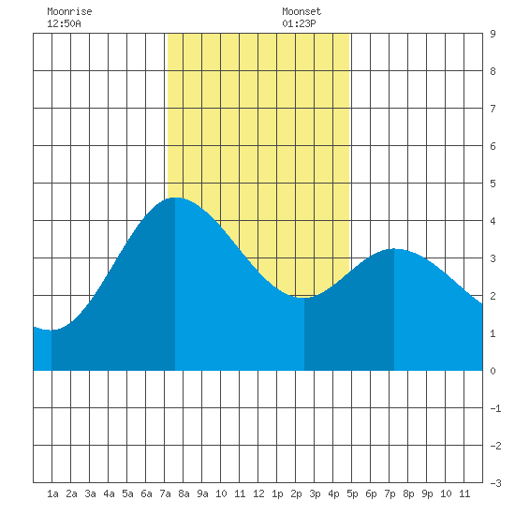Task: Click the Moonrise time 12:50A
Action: pyautogui.click(x=64, y=23)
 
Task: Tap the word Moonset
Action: pyautogui.click(x=302, y=11)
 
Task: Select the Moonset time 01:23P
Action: pyautogui.click(x=299, y=23)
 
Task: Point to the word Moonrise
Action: pyautogui.click(x=69, y=11)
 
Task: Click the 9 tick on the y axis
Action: pyautogui.click(x=493, y=34)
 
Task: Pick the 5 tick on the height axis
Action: pyautogui.click(x=493, y=184)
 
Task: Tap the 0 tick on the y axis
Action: pyautogui.click(x=493, y=371)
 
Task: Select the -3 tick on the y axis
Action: pyautogui.click(x=495, y=483)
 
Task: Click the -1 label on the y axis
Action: pyautogui.click(x=495, y=408)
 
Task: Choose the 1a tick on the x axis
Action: pyautogui.click(x=52, y=493)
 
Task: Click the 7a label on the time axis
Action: pyautogui.click(x=165, y=493)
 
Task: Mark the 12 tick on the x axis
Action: pyautogui.click(x=258, y=493)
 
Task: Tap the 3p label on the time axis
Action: pyautogui.click(x=315, y=493)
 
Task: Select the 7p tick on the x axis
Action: pyautogui.click(x=390, y=493)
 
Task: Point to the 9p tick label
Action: pyautogui.click(x=427, y=493)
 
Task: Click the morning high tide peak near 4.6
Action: pyautogui.click(x=175, y=199)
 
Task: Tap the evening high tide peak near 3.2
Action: pyautogui.click(x=394, y=249)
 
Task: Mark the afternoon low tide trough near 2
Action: pyautogui.click(x=304, y=298)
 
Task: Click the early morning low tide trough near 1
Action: pyautogui.click(x=51, y=331)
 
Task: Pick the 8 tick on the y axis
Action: pyautogui.click(x=493, y=71)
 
